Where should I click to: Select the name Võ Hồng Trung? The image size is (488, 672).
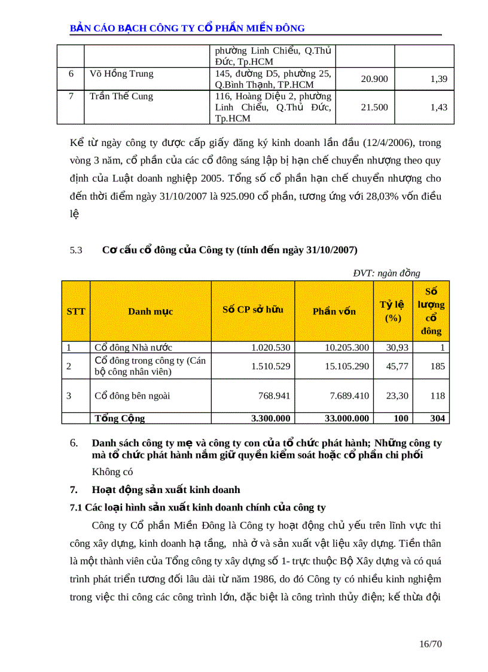click(x=121, y=74)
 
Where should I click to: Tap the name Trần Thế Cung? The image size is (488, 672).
click(x=121, y=96)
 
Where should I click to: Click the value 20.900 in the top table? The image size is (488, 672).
click(x=374, y=79)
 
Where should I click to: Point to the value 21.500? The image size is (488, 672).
click(x=374, y=107)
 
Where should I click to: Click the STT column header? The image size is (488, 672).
click(x=76, y=311)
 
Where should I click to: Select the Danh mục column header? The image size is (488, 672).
click(x=150, y=311)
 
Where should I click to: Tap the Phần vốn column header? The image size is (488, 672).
click(x=334, y=311)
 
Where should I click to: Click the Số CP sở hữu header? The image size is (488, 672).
click(x=252, y=310)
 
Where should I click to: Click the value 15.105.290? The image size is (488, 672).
click(x=347, y=366)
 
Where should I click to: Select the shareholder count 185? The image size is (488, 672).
click(x=438, y=366)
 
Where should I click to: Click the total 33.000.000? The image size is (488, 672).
click(x=347, y=418)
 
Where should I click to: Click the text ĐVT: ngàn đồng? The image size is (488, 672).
click(x=386, y=273)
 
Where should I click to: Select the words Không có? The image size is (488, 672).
click(x=112, y=472)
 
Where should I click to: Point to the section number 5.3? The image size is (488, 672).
click(x=76, y=250)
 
